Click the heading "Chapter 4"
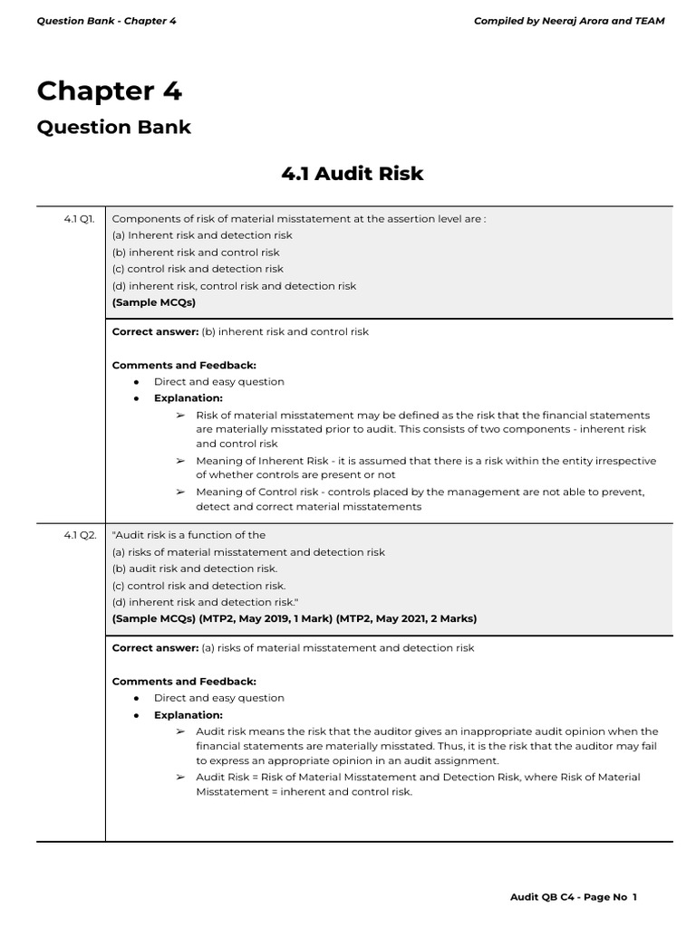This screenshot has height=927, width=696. [109, 91]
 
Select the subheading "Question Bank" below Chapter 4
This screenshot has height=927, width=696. [113, 127]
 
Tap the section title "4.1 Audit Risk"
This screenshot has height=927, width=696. [353, 173]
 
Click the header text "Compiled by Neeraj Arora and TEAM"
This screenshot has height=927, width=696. [568, 21]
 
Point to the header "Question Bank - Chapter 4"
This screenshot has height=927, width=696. [106, 21]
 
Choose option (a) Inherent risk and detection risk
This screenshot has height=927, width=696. [202, 235]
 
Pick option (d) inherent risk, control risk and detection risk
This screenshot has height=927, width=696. [234, 286]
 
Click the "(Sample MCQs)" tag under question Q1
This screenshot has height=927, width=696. [153, 302]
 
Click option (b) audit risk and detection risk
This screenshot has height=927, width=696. [194, 569]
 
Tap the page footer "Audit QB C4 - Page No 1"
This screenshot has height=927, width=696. [573, 897]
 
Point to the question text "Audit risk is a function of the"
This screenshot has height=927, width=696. [188, 535]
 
